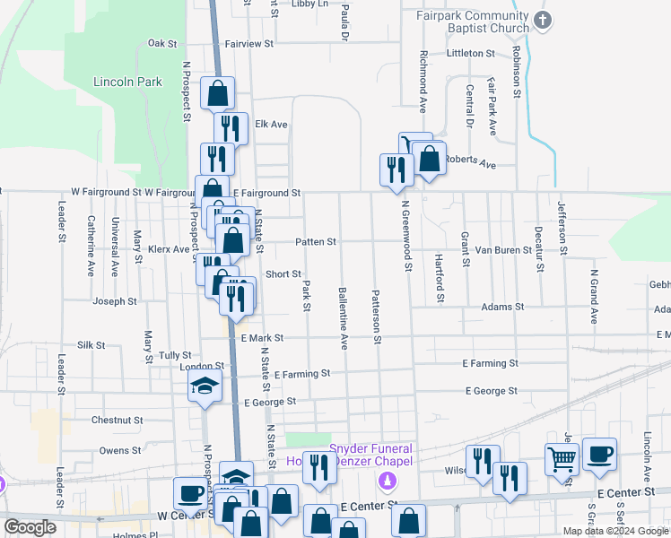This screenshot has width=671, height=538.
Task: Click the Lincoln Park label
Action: coord(127,82)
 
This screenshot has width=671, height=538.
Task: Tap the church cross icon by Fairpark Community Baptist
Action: coord(541,20)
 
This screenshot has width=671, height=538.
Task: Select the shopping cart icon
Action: coord(562,459)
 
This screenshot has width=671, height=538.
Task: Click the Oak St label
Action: coord(163,43)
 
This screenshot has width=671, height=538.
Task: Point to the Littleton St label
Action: coord(470,54)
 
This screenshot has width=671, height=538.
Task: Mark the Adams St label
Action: coord(502,307)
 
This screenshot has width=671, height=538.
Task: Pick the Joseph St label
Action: coord(114,302)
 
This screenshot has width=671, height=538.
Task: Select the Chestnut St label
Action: coord(117,420)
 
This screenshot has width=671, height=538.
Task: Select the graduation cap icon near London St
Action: coord(205,386)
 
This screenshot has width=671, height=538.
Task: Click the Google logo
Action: coord(30,527)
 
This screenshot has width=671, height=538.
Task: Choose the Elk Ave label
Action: coord(271,125)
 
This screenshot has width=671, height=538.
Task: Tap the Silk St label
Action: coord(91,344)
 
